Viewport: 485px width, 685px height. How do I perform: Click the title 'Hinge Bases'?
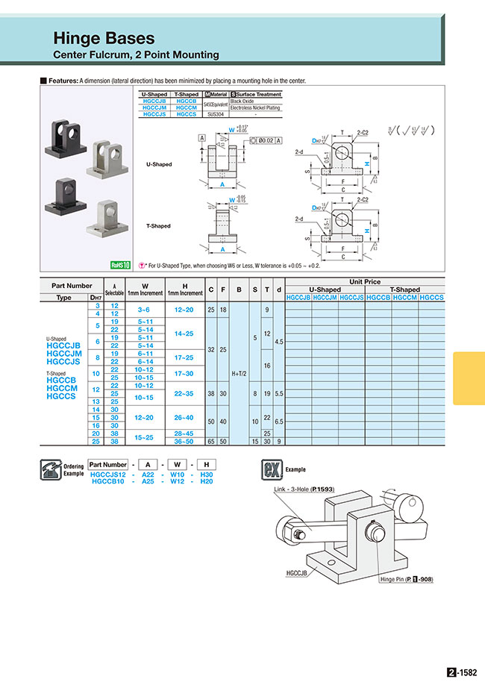104,38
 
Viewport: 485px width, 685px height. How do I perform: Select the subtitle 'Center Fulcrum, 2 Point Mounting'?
136,54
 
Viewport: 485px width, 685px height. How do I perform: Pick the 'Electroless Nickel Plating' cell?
255,107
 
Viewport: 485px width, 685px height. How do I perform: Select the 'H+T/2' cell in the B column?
239,372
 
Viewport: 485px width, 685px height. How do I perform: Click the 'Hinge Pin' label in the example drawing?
406,579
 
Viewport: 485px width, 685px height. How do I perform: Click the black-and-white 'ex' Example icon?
270,469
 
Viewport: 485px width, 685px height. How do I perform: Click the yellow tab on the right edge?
469,378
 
